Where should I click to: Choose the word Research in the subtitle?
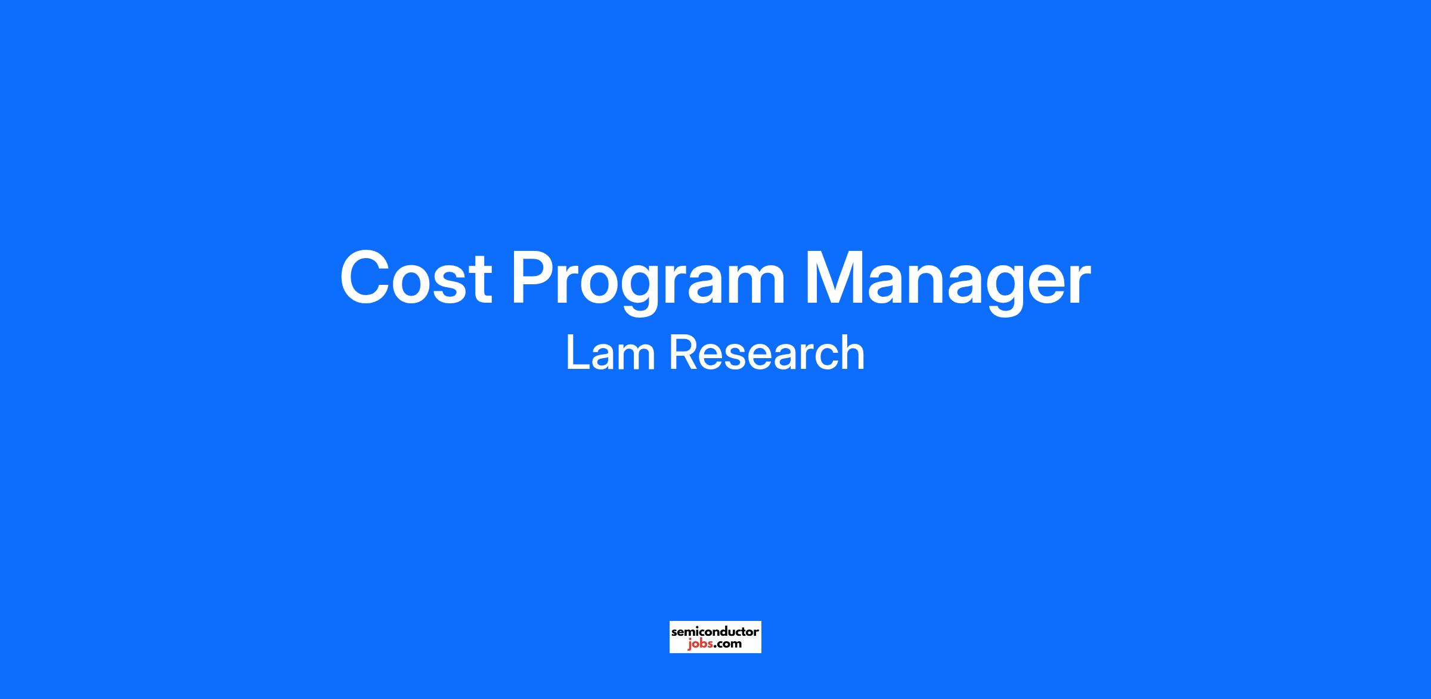pyautogui.click(x=767, y=353)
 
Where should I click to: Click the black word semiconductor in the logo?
pyautogui.click(x=715, y=631)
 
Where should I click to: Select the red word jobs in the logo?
pyautogui.click(x=699, y=645)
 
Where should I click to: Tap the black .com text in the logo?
pyautogui.click(x=727, y=644)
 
